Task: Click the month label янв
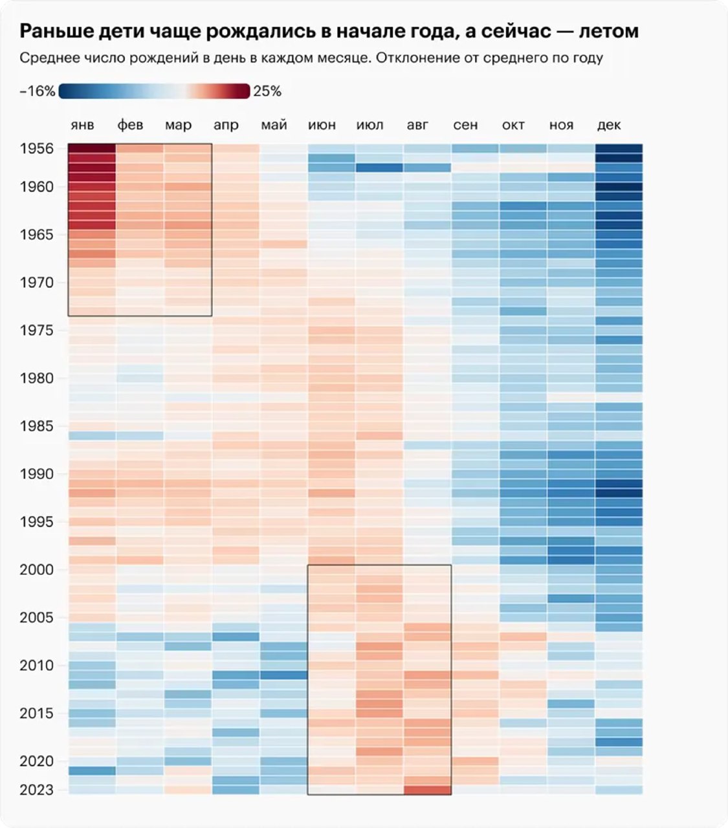tap(82, 125)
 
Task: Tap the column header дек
tap(609, 125)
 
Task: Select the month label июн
tap(322, 125)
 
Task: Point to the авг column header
tap(417, 125)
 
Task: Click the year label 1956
tap(37, 149)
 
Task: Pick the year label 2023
tap(37, 790)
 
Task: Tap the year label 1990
tap(37, 474)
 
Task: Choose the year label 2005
tap(37, 618)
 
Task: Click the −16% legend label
tap(38, 92)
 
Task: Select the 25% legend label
tap(267, 92)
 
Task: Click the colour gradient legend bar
tap(154, 91)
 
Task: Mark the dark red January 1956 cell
tap(92, 149)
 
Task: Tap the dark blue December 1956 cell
tap(619, 149)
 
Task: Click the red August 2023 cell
tap(427, 790)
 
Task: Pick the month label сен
tap(465, 125)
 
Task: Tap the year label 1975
tap(37, 331)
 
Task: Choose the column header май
tap(274, 125)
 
